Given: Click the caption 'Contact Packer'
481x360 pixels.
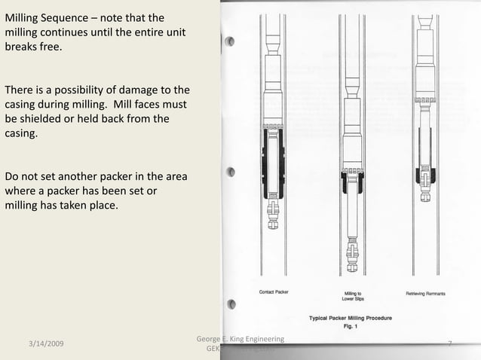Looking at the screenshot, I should [274, 292].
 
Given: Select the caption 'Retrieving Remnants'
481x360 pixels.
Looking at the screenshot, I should [425, 292].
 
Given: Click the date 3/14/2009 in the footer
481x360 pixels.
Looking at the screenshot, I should [44, 344].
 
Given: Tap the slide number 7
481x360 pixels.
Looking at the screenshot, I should [449, 344].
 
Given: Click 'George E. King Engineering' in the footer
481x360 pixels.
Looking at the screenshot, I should [240, 339].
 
